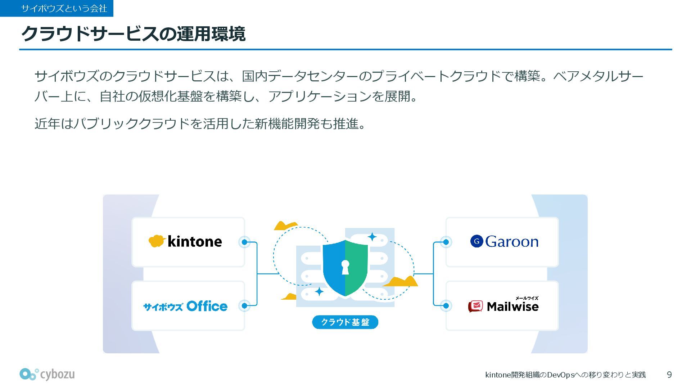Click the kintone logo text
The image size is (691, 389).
click(x=195, y=241)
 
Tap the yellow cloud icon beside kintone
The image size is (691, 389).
click(x=157, y=241)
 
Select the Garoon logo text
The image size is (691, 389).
click(x=511, y=242)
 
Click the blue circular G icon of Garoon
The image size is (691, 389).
click(x=477, y=241)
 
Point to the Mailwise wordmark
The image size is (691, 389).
click(x=512, y=307)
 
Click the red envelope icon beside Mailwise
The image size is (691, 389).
click(x=475, y=306)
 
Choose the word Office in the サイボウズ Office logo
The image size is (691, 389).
click(x=207, y=306)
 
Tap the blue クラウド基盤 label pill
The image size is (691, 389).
click(x=345, y=322)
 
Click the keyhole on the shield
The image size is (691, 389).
click(x=345, y=267)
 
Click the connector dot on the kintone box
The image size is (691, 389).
click(x=245, y=242)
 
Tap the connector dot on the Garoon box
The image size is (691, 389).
click(x=446, y=242)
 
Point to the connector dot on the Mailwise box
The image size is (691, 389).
click(x=446, y=306)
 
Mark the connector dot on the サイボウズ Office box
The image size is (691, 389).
click(x=245, y=306)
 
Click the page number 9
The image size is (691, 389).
click(x=669, y=375)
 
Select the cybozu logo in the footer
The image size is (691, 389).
click(x=47, y=374)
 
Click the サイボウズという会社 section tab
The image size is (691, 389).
click(x=57, y=8)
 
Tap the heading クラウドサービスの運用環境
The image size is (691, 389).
click(x=133, y=34)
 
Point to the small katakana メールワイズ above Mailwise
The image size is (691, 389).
click(x=527, y=298)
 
